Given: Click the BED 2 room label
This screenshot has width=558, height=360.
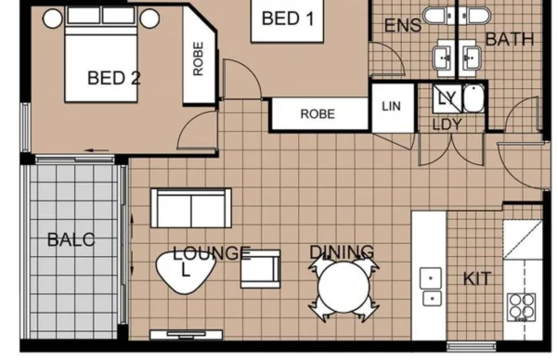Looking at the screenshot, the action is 114,78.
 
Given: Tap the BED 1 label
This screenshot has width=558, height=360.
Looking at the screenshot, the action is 288,19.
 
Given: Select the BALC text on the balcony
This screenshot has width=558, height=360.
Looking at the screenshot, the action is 71,239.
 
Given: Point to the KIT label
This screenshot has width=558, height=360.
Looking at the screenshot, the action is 477,279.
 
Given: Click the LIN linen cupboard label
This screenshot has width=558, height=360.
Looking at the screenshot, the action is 391,106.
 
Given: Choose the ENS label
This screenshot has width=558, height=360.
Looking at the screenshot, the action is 403,26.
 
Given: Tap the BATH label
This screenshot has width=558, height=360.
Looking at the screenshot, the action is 510,39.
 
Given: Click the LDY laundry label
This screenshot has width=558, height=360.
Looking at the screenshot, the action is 447,124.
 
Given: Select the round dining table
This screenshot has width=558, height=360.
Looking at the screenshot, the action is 344,287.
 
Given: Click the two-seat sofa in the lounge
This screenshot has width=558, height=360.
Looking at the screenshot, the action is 191,208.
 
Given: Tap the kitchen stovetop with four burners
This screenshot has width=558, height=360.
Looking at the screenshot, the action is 522,307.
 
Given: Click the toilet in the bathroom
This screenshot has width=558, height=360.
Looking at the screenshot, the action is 475,16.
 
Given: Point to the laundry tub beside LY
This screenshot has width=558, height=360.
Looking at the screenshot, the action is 474,98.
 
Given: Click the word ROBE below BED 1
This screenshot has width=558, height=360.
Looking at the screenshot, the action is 318,114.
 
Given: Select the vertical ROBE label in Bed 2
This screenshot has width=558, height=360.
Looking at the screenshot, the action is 198,59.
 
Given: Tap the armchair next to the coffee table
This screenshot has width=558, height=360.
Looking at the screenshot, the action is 261,269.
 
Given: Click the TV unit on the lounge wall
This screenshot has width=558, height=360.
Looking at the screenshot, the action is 186,335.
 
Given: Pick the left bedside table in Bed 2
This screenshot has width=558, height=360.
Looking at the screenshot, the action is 53,19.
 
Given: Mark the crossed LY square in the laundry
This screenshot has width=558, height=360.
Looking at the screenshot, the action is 448,98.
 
